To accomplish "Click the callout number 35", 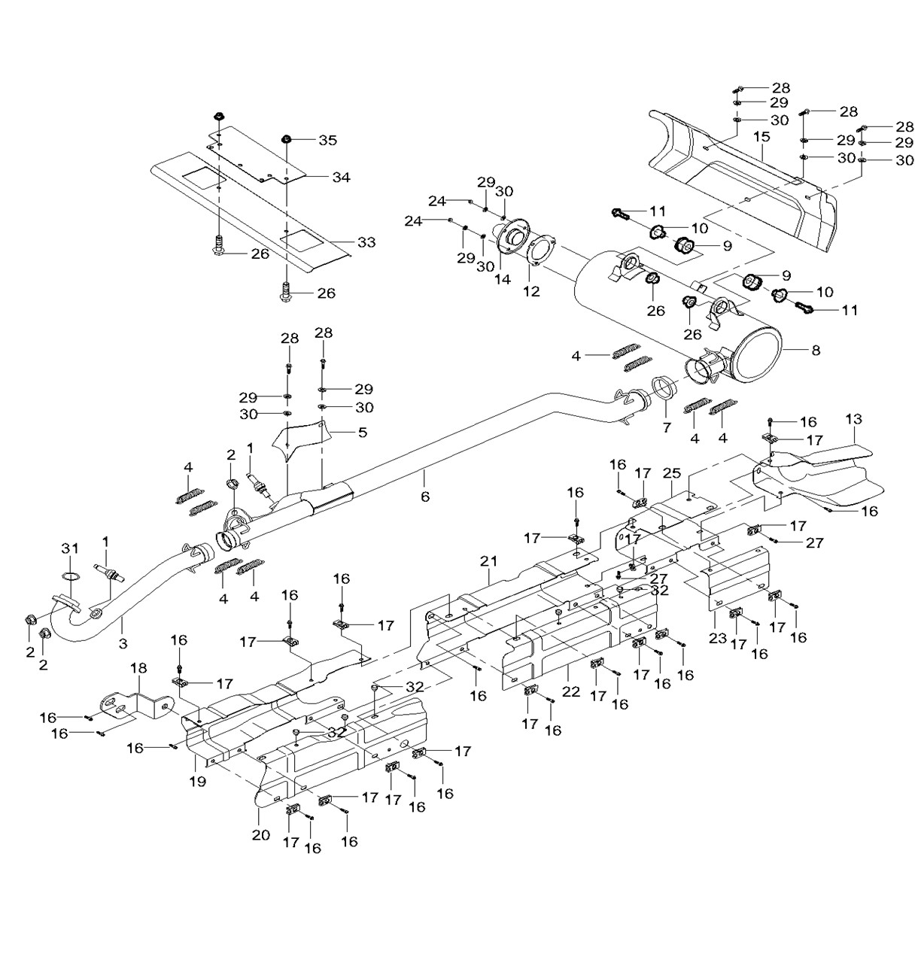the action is click(328, 141).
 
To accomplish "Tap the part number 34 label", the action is click(341, 178).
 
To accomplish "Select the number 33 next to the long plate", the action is click(366, 242).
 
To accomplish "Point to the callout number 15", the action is click(761, 136).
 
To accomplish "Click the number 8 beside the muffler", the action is click(816, 351).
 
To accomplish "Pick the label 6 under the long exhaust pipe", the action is click(425, 497).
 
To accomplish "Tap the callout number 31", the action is click(69, 548).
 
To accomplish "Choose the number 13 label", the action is click(853, 419).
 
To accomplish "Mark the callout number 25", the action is click(672, 473).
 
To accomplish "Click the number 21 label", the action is click(488, 561).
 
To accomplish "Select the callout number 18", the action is click(138, 668).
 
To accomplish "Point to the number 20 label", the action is click(261, 835).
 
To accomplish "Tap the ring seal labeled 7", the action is click(664, 387).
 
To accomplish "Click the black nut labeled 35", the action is click(287, 139).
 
